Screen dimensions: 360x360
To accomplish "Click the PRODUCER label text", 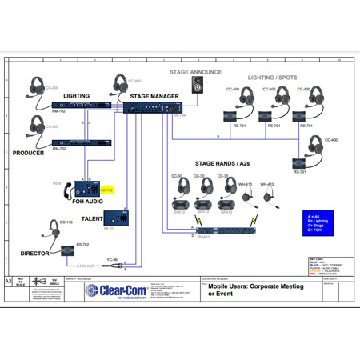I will [x=30, y=153].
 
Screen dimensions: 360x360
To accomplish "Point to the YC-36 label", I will [x=112, y=258].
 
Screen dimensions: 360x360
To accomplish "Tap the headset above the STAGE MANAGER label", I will [x=121, y=85].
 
